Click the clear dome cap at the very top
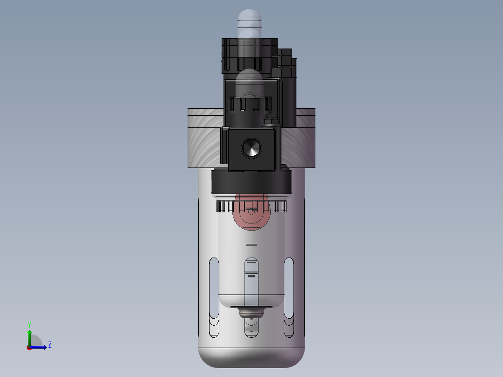point(249,22)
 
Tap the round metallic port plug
point(251,148)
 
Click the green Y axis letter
point(29,324)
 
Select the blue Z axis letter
point(50,345)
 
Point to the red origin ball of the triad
point(29,348)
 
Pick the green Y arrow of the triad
point(29,338)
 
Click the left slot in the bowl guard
point(214,297)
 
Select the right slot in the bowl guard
point(289,297)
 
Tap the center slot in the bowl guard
point(251,297)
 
